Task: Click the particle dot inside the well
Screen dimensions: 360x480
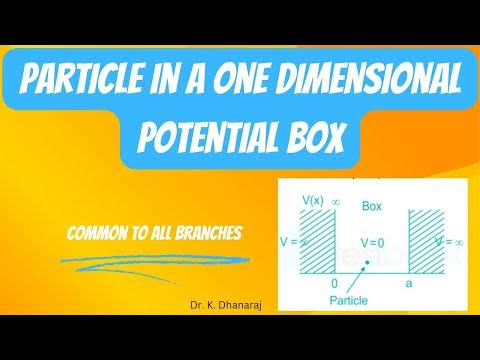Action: (368, 265)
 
